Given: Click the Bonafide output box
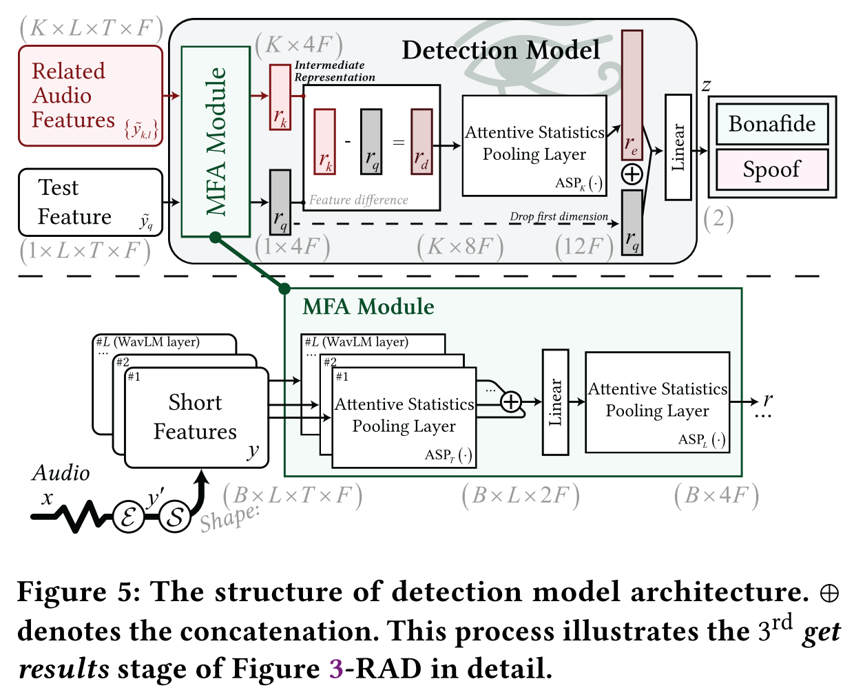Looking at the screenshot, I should [x=772, y=124].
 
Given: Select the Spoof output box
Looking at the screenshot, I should [x=772, y=169].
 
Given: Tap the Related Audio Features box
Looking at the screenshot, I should [x=90, y=96].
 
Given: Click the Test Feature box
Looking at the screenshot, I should [x=90, y=202].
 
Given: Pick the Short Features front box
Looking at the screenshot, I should [x=196, y=417].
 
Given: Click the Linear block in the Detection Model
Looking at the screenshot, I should [x=678, y=147].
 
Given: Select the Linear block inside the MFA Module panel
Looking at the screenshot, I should [x=555, y=402].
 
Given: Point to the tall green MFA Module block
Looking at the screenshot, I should [x=216, y=142].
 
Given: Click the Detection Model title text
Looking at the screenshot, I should [x=501, y=50].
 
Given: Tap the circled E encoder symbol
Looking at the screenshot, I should [x=128, y=516].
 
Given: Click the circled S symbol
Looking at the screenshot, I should [x=175, y=516].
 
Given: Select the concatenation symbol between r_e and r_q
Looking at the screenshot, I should [x=632, y=174].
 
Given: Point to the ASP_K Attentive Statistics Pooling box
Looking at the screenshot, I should [x=534, y=145].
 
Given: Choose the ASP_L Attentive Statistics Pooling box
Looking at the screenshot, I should [x=657, y=402].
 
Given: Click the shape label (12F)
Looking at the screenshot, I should [x=584, y=247].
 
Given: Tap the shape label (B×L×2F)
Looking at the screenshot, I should [x=521, y=496].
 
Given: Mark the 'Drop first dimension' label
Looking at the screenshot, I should [x=559, y=217].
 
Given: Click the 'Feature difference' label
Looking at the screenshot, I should [x=358, y=200].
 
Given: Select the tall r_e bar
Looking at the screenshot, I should [x=632, y=85].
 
